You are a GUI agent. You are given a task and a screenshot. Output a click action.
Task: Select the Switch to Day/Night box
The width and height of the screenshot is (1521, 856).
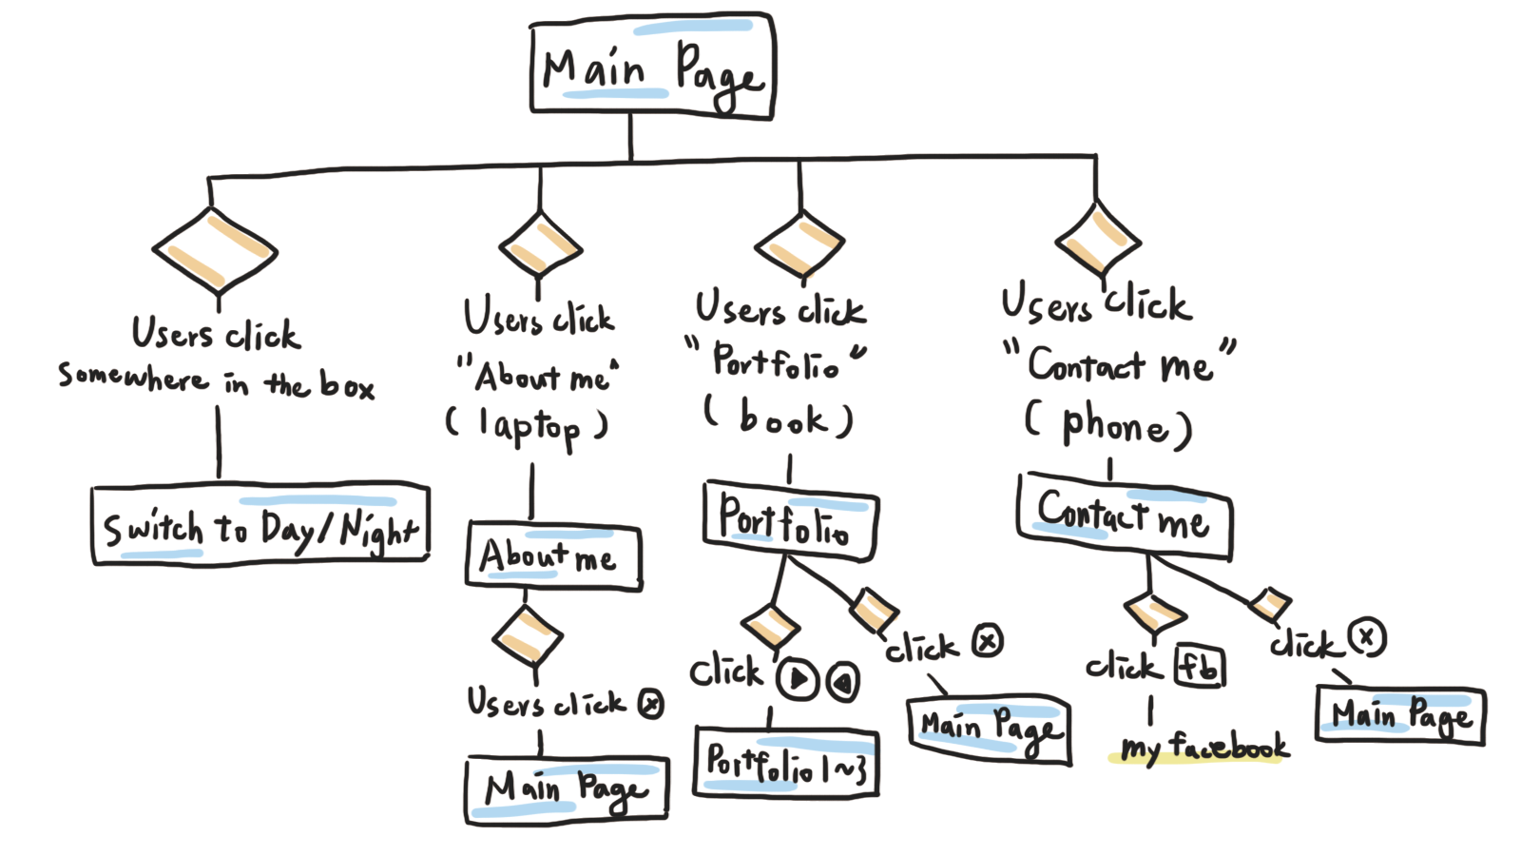click(x=260, y=525)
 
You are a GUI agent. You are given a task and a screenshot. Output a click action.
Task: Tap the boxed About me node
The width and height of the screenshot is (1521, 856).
click(x=553, y=555)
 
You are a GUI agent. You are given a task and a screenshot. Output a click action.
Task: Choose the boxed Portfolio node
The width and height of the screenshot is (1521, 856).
click(x=789, y=520)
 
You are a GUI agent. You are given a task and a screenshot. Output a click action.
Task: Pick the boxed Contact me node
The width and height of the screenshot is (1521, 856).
click(x=1124, y=516)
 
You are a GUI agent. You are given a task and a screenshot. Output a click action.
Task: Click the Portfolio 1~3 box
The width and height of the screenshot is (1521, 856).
click(x=786, y=762)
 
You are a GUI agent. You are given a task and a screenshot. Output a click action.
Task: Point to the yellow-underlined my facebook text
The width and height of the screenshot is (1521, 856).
click(x=1204, y=748)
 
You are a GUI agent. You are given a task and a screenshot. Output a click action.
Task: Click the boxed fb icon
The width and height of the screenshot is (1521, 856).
click(x=1199, y=667)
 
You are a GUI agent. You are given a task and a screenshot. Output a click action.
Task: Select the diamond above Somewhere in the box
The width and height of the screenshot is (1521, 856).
click(x=215, y=251)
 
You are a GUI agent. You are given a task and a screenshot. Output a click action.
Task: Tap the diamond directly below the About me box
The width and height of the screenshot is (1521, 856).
click(x=528, y=635)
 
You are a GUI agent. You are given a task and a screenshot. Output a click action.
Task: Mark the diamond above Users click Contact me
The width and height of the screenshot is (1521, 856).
click(x=1098, y=239)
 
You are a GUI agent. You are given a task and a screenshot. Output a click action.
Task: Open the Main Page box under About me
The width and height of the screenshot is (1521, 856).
click(x=567, y=789)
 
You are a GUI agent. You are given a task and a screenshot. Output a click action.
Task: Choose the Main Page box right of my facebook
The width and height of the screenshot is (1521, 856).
click(x=1400, y=715)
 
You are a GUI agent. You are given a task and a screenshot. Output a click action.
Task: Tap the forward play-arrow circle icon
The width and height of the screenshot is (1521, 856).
click(x=798, y=679)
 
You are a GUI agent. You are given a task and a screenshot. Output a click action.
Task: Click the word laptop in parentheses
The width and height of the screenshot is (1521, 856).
click(x=529, y=428)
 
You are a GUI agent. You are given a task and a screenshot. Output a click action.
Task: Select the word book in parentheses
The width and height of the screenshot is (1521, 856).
click(x=782, y=418)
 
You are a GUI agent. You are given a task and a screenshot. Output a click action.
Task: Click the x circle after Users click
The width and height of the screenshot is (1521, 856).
click(x=650, y=704)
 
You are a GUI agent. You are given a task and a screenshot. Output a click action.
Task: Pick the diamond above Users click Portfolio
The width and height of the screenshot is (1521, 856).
click(x=799, y=245)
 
